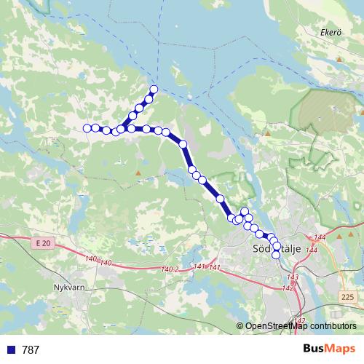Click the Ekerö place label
click(331, 32)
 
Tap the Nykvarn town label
click(70, 286)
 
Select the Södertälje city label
click(275, 249)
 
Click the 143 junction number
click(293, 277)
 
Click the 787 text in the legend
click(31, 350)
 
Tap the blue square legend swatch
click(10, 350)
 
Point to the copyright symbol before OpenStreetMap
click(240, 326)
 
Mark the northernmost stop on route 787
click(154, 90)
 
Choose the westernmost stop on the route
click(87, 128)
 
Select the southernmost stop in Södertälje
click(277, 254)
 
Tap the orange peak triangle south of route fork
click(138, 173)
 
